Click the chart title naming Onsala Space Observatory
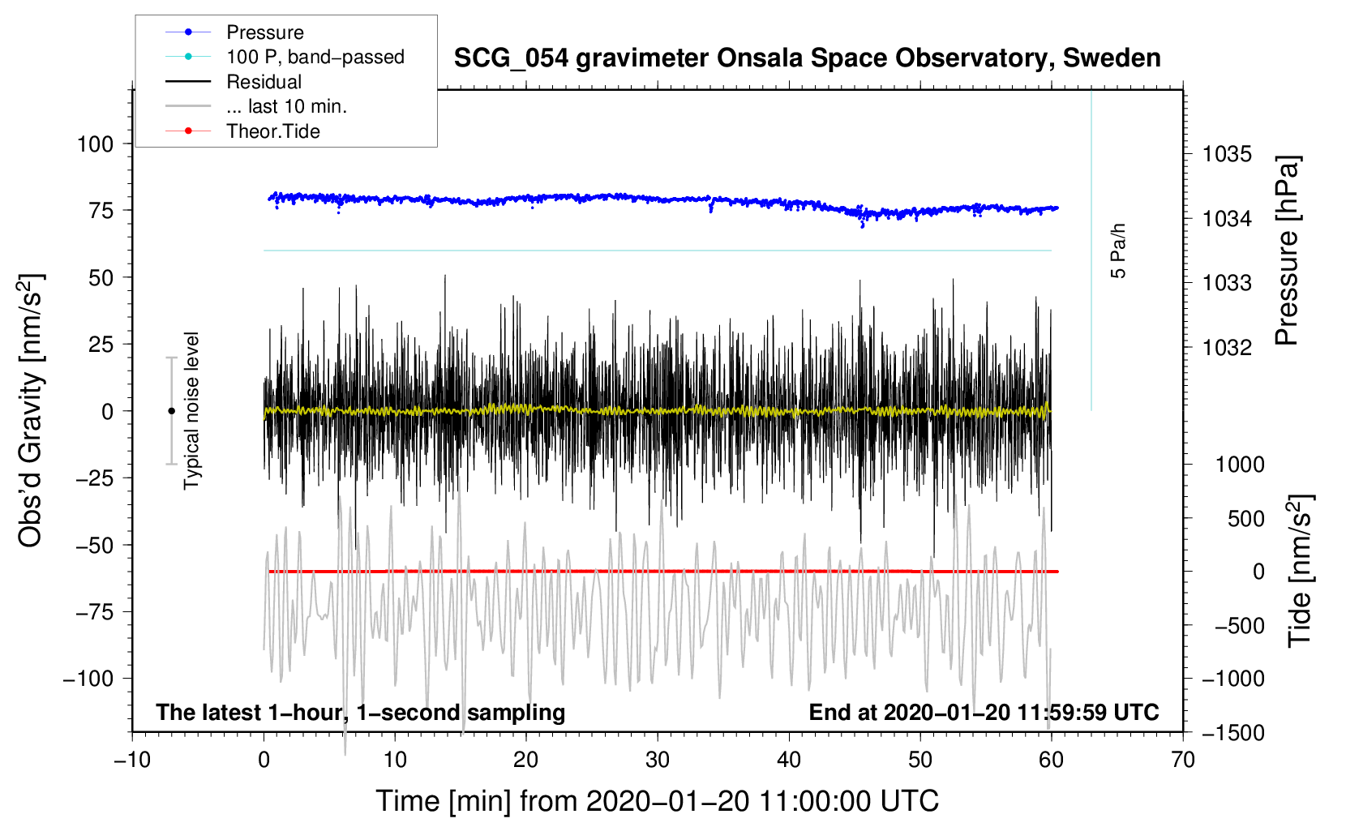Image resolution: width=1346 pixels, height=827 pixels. (807, 58)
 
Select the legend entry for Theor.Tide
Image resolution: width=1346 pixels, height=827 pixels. (272, 131)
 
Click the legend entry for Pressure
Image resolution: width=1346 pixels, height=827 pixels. (264, 32)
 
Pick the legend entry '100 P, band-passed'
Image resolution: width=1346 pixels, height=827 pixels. (315, 57)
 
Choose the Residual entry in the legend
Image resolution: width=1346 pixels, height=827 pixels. (264, 82)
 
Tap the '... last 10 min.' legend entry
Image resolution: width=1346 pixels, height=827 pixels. (286, 106)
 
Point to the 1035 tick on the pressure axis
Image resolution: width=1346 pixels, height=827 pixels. (1227, 154)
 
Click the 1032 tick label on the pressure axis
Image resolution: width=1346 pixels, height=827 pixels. (1227, 348)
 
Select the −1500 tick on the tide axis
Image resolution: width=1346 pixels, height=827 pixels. (1233, 733)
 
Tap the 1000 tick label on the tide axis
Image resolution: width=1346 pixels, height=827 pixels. (1240, 465)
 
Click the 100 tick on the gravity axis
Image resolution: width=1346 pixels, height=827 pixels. (95, 144)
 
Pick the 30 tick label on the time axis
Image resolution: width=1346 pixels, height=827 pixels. (658, 761)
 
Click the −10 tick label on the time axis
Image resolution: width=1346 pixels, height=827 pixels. (132, 761)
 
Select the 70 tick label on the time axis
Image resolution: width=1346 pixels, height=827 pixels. (1183, 761)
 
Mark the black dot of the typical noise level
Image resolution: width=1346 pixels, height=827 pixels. (171, 411)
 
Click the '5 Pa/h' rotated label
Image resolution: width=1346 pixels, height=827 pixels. (1119, 251)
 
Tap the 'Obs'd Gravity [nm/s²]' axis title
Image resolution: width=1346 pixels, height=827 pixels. (30, 410)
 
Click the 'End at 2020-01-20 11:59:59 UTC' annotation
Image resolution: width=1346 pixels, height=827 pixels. (984, 713)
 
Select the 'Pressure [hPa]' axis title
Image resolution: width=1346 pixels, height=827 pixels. (1287, 251)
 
